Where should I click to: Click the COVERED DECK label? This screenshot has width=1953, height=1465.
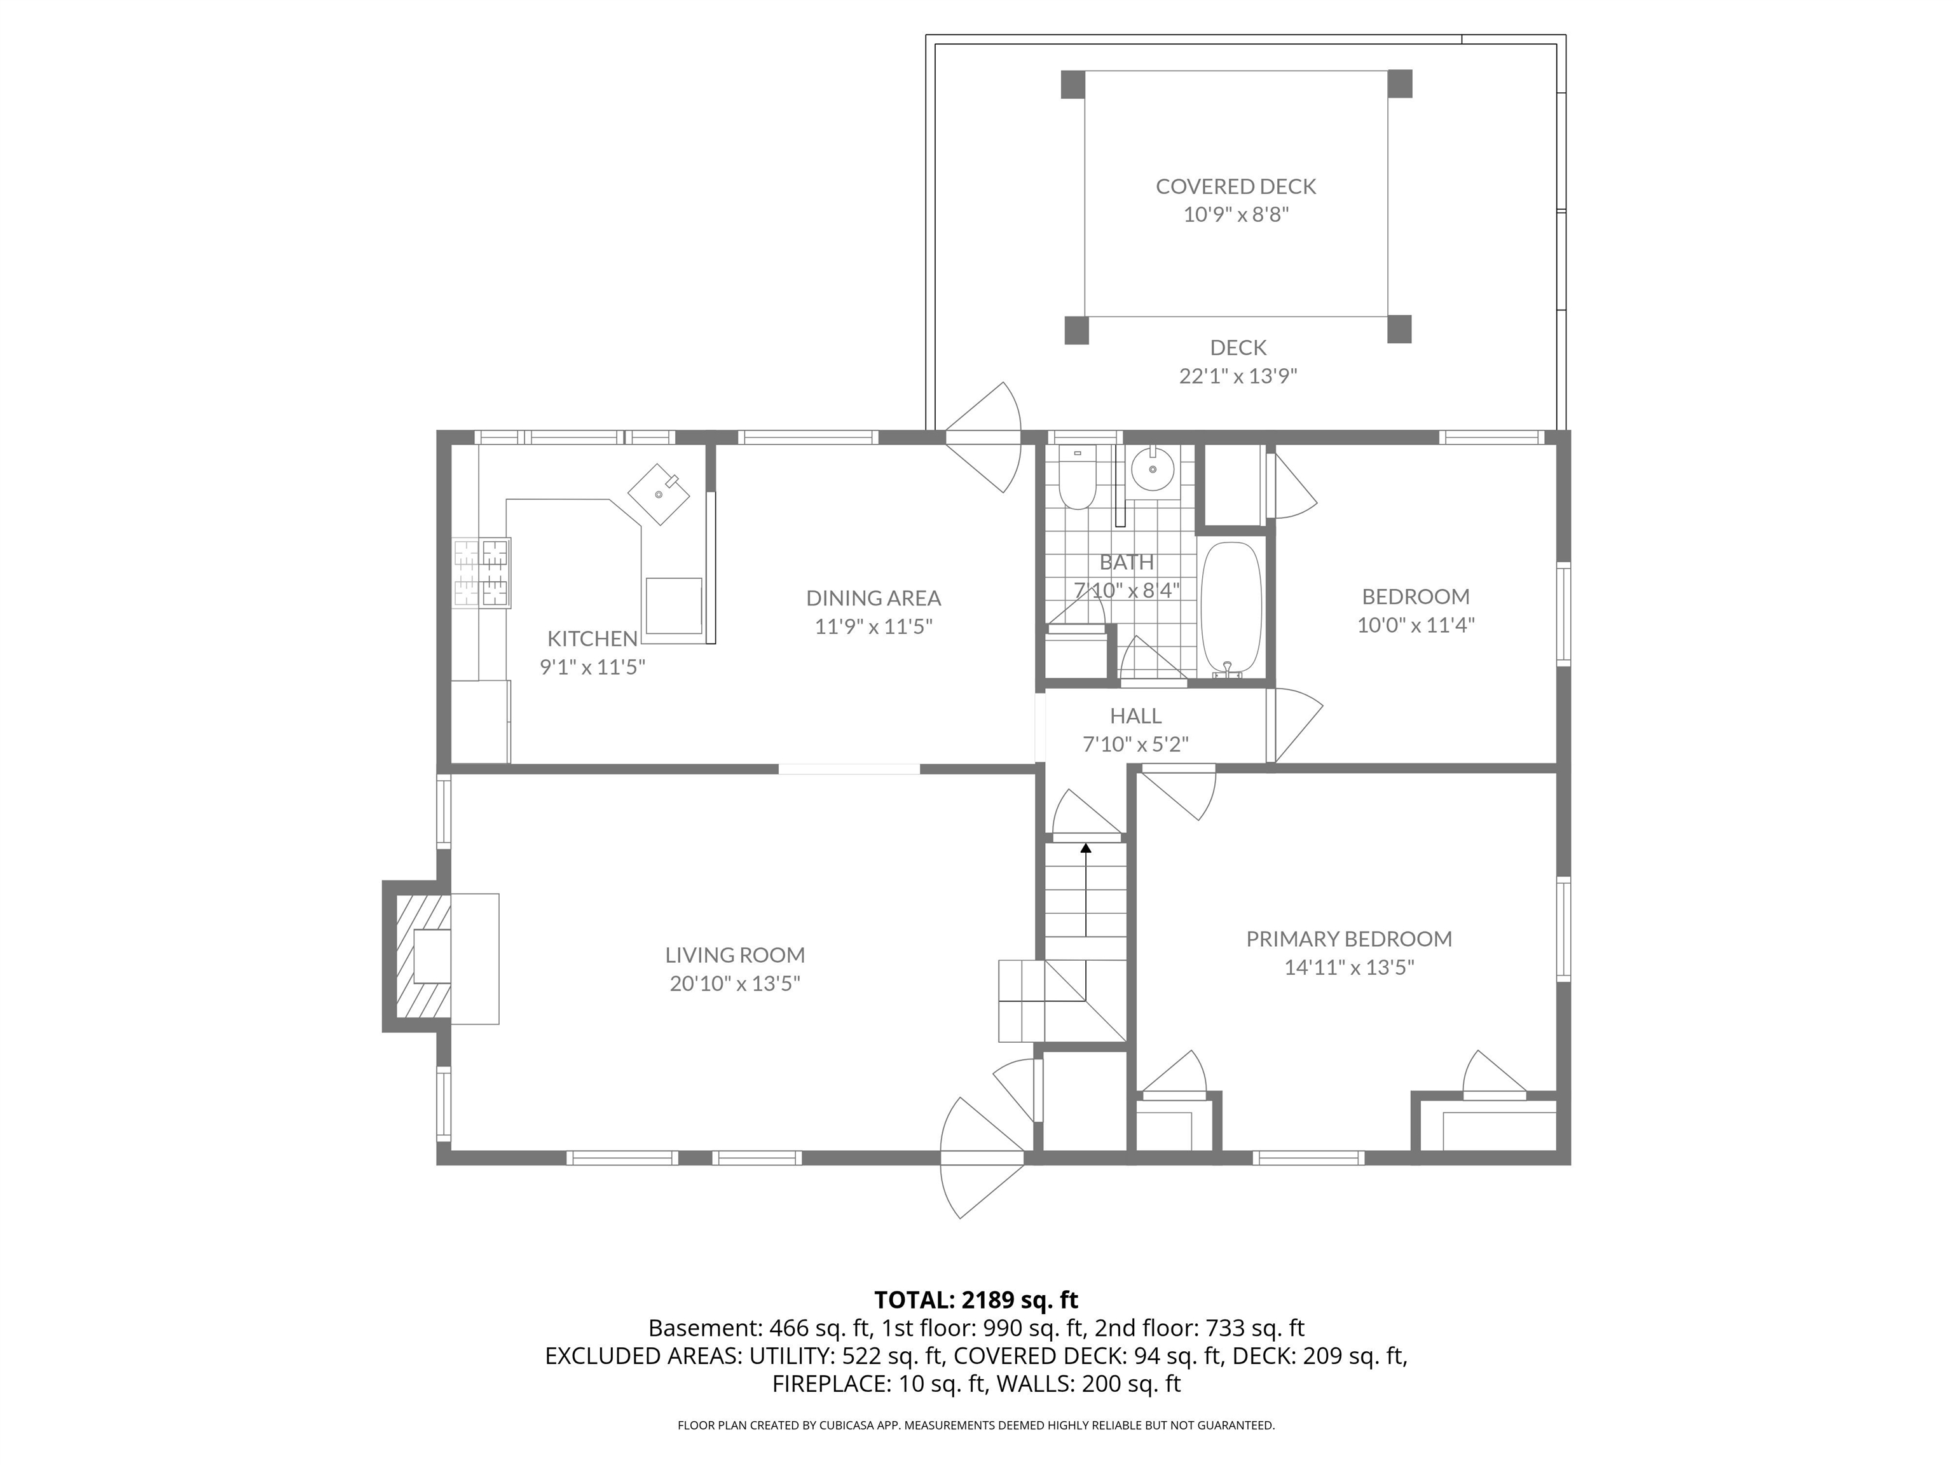point(1235,186)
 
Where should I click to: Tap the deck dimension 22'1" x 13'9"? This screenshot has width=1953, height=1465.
point(1238,377)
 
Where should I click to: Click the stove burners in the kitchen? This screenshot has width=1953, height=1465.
point(482,573)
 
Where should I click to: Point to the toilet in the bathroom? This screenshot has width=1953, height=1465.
point(1076,481)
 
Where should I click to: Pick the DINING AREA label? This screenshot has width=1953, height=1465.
point(874,598)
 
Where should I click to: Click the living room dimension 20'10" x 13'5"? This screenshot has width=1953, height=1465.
point(734,984)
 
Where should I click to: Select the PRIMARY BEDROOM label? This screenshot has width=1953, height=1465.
point(1348,939)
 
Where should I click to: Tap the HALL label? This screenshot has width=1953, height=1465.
point(1135,716)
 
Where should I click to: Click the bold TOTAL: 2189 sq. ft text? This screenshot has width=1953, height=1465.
point(976,1300)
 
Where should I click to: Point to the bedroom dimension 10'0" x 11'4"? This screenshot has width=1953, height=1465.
point(1415,625)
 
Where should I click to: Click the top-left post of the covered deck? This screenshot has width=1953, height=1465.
point(1072,84)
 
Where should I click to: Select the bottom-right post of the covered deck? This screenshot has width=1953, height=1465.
point(1399,329)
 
